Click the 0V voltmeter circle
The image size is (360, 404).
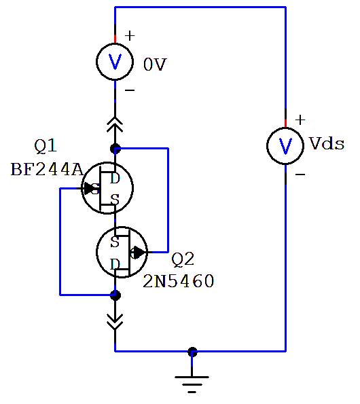click(x=115, y=62)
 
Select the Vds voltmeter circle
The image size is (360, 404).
click(x=285, y=145)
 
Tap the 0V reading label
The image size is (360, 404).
click(x=155, y=65)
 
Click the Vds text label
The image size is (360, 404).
click(x=327, y=144)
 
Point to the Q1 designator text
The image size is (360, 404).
click(x=46, y=146)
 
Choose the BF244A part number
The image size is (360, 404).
click(x=46, y=169)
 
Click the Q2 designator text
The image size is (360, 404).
click(x=183, y=259)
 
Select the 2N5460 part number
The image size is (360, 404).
click(x=178, y=281)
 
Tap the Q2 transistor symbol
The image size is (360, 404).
click(x=120, y=252)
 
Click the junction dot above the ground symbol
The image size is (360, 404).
click(x=192, y=352)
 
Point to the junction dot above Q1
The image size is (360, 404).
click(x=115, y=148)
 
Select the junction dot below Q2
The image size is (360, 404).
click(x=115, y=295)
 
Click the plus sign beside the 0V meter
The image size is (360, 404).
click(x=130, y=35)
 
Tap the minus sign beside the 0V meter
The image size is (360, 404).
click(x=130, y=90)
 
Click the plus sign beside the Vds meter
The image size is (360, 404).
click(x=300, y=120)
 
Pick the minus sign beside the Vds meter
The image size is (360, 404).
click(x=300, y=174)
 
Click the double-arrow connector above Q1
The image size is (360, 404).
click(x=115, y=124)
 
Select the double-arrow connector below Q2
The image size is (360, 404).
click(x=115, y=320)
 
